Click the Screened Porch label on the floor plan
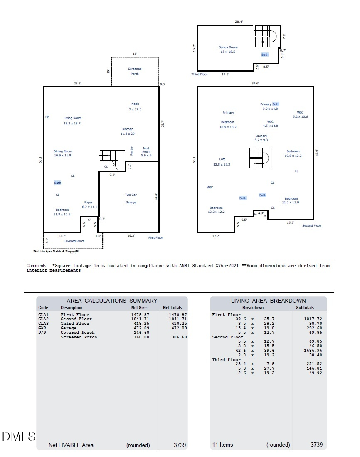click(134, 71)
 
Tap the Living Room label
click(72, 121)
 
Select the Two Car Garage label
click(131, 198)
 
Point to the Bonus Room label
click(228, 49)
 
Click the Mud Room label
click(146, 151)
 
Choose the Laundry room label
click(261, 138)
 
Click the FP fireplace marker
click(47, 117)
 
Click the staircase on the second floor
click(260, 158)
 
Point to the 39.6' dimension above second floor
click(255, 83)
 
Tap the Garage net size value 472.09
click(140, 328)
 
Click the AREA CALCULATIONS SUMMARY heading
click(112, 301)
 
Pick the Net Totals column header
click(172, 308)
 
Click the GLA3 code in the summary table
click(43, 324)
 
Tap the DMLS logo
click(19, 436)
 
